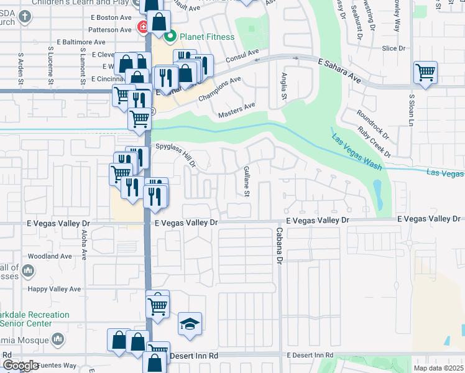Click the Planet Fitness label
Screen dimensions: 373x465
click(x=207, y=37)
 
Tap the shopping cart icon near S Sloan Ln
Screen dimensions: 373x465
click(x=425, y=72)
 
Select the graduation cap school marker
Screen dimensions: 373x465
click(x=190, y=323)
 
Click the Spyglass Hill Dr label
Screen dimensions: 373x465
click(x=177, y=154)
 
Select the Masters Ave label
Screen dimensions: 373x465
click(x=237, y=111)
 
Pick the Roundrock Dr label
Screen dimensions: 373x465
click(x=371, y=123)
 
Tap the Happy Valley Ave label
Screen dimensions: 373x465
click(x=54, y=289)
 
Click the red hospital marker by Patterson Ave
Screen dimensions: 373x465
click(x=142, y=28)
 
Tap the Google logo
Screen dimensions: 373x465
click(x=21, y=366)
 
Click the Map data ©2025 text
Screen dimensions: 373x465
click(x=439, y=368)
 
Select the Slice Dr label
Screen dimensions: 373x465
click(x=394, y=48)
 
